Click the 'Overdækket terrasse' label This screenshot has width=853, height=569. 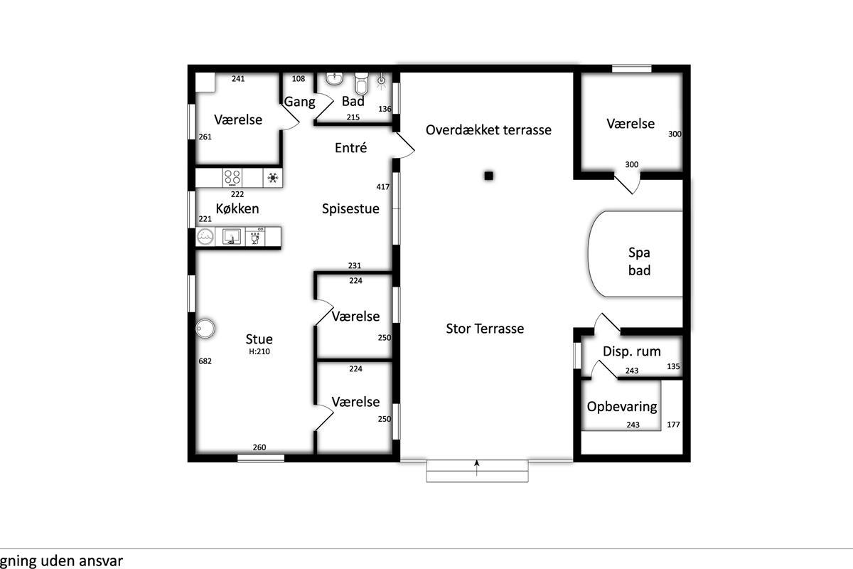[488, 130]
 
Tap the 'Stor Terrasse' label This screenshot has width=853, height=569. [485, 329]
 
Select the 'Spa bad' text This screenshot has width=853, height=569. [639, 262]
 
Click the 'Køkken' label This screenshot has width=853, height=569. [237, 208]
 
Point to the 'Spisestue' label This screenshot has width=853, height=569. [350, 209]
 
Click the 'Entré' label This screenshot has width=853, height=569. [350, 147]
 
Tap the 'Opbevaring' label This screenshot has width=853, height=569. [622, 407]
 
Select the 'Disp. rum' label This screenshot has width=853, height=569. [631, 351]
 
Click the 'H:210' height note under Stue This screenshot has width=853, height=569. [259, 351]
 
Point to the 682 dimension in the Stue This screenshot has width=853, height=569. [205, 361]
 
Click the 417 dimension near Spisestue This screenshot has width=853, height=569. [382, 187]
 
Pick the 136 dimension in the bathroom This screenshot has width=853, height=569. [385, 109]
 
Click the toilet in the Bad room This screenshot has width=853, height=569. [361, 83]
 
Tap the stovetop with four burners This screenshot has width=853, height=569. [232, 178]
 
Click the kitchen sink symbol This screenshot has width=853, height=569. [231, 237]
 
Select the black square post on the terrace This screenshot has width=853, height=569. [489, 176]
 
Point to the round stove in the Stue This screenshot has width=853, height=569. [205, 328]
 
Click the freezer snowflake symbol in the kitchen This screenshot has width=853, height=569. [273, 178]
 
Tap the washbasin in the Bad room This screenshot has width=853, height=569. [335, 78]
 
